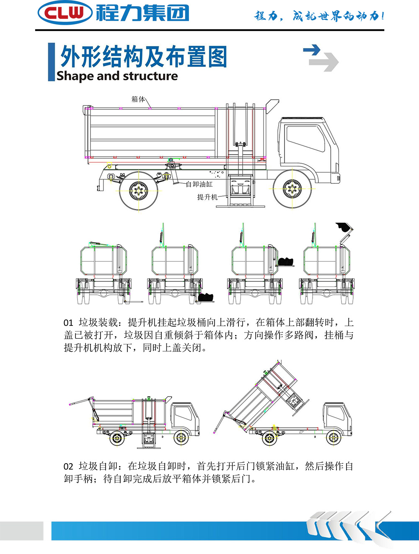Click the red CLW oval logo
(x=65, y=13)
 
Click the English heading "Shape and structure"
(x=117, y=76)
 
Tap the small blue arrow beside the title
(x=312, y=50)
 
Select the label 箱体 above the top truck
(x=138, y=99)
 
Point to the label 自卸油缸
(x=199, y=184)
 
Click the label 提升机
(x=207, y=197)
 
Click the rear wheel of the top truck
(x=139, y=191)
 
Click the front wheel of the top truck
(x=292, y=188)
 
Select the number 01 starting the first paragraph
(x=68, y=323)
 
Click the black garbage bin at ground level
(x=206, y=297)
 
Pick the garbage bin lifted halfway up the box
(x=285, y=262)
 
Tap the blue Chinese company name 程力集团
(x=143, y=13)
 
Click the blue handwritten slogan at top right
(x=319, y=16)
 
